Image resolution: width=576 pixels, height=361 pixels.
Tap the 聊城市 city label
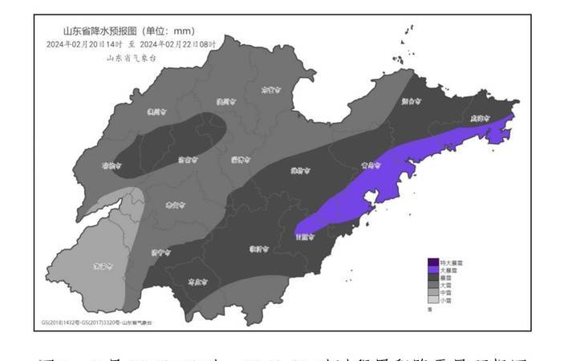pos(110,165)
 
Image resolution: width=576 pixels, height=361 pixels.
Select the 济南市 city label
pos(186,160)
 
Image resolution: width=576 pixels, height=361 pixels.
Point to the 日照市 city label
pos(305,237)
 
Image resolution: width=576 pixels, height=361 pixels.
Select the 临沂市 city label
pos(258,249)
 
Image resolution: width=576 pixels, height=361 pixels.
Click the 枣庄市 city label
pos(195,282)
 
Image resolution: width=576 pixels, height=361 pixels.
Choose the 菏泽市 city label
pos(99,266)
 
